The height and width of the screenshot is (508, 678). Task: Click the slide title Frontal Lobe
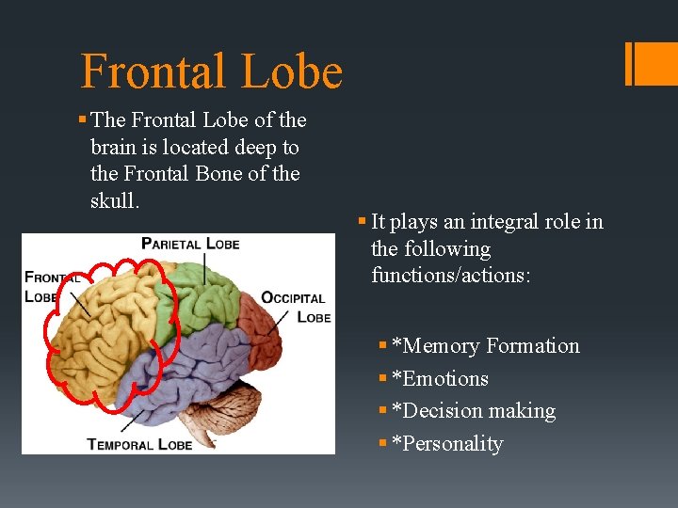(x=211, y=71)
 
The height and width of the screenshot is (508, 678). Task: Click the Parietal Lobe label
(x=190, y=244)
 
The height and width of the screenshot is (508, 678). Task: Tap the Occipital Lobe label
(x=295, y=307)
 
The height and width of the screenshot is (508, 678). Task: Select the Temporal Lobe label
(x=139, y=443)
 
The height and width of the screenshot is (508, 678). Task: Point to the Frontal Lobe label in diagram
(x=52, y=285)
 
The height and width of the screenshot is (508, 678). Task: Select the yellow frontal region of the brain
(x=104, y=329)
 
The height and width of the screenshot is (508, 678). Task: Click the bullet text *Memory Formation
(x=485, y=346)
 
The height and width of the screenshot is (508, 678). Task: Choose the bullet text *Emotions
(x=440, y=379)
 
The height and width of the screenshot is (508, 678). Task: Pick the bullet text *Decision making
(x=473, y=411)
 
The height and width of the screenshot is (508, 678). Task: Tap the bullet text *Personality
(x=447, y=444)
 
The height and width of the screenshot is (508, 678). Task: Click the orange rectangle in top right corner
(x=650, y=63)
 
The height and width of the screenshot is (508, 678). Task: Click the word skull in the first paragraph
(x=115, y=201)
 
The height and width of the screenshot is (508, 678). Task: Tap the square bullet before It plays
(x=362, y=223)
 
